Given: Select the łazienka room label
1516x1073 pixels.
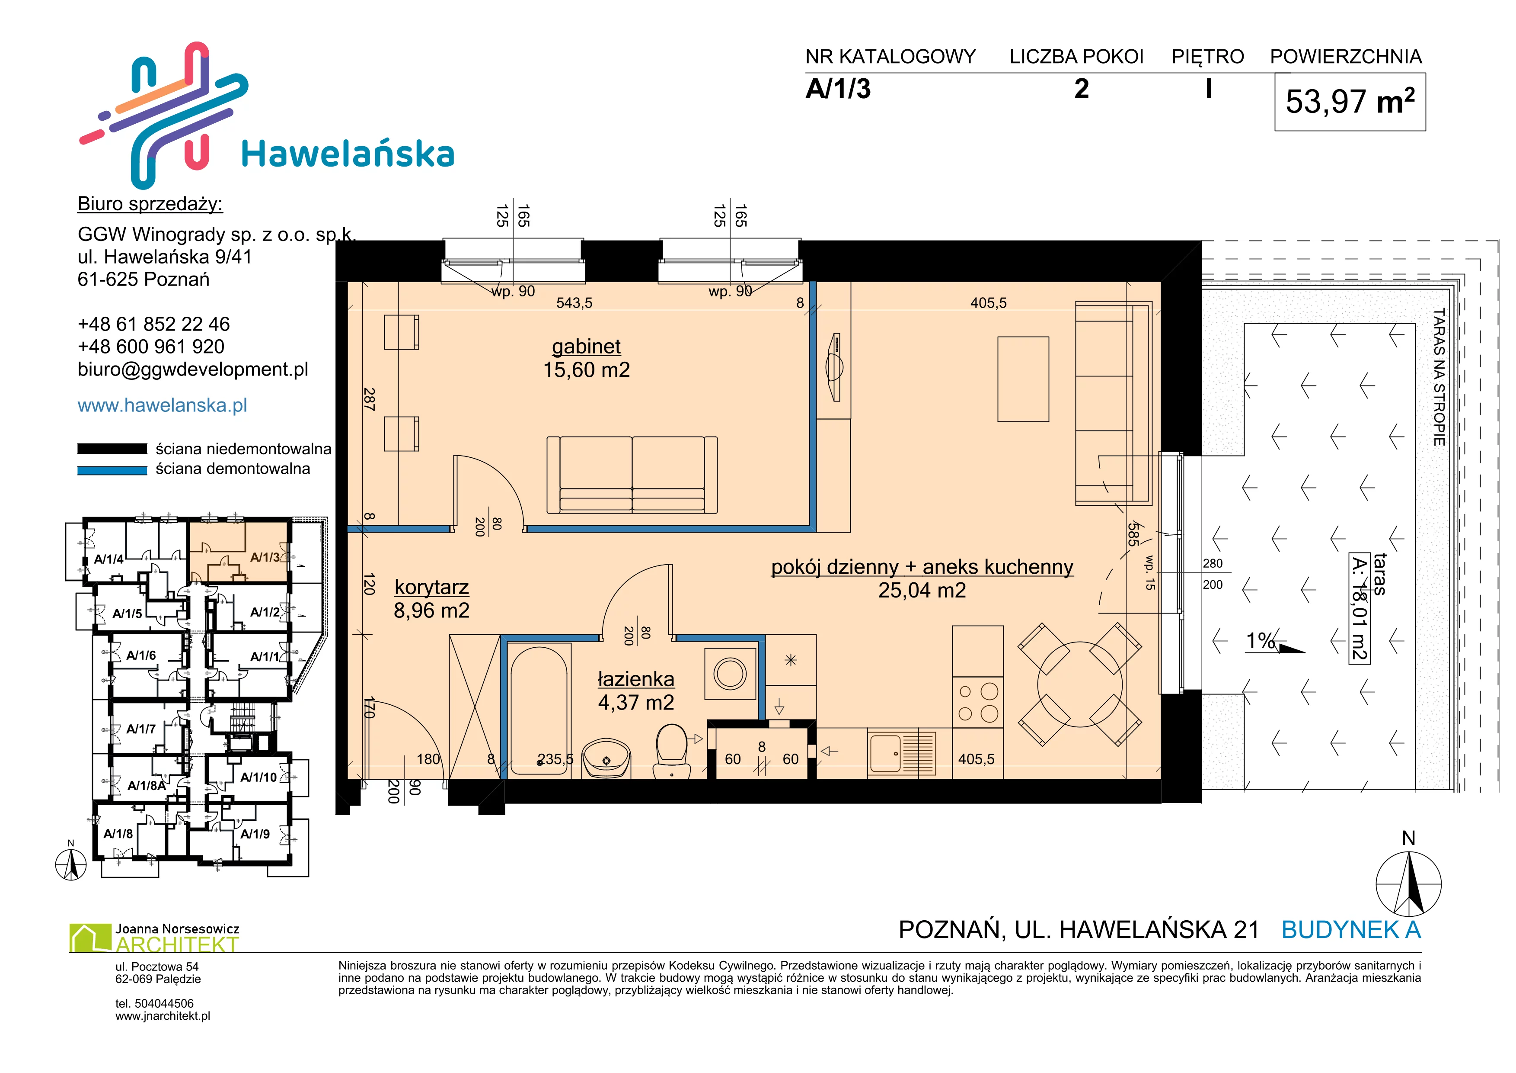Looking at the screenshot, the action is (636, 679).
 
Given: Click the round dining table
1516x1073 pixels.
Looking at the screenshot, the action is (1079, 684).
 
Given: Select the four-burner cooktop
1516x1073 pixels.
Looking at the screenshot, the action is (977, 703).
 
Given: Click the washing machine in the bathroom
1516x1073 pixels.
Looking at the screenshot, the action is (730, 674).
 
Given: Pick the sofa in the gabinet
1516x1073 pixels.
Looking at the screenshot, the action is (632, 474).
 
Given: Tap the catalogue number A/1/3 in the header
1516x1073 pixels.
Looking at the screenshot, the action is (838, 89).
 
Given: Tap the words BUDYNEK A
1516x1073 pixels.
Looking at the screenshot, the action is (1351, 930).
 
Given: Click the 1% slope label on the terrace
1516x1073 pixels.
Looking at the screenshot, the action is (1261, 641).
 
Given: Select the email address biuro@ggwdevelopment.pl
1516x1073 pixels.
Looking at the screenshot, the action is (193, 369).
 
